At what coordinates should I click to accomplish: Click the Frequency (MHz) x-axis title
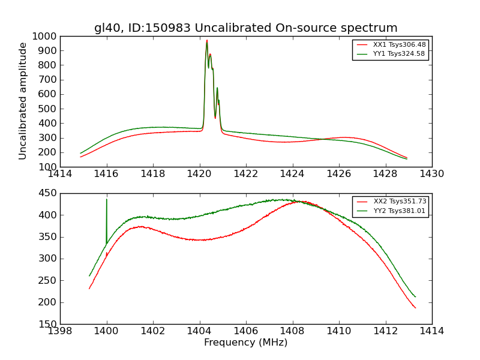point(245,343)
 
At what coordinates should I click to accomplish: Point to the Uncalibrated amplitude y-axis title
point(23,101)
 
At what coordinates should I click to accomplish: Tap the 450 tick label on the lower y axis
point(48,193)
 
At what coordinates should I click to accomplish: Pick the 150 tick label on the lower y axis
point(48,324)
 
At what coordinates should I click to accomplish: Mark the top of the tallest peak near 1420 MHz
point(207,40)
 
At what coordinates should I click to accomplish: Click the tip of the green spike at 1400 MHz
point(107,199)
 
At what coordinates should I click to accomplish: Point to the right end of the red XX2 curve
point(415,308)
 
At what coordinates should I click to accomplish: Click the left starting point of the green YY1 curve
point(80,153)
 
